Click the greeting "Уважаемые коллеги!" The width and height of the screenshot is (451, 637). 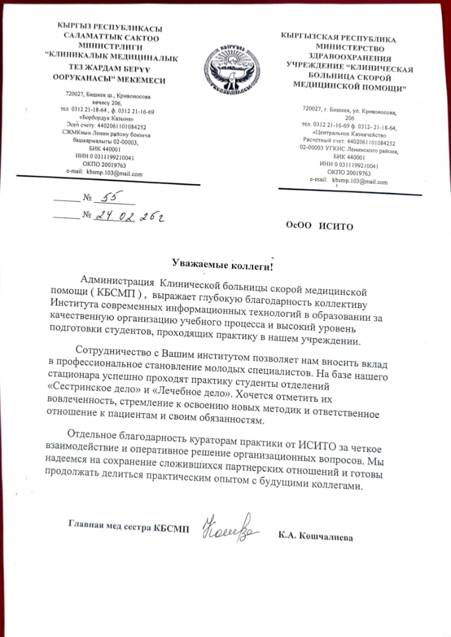coord(223,265)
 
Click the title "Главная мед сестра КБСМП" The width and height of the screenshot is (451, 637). coord(129,526)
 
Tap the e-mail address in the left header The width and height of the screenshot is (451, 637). coord(115,173)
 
